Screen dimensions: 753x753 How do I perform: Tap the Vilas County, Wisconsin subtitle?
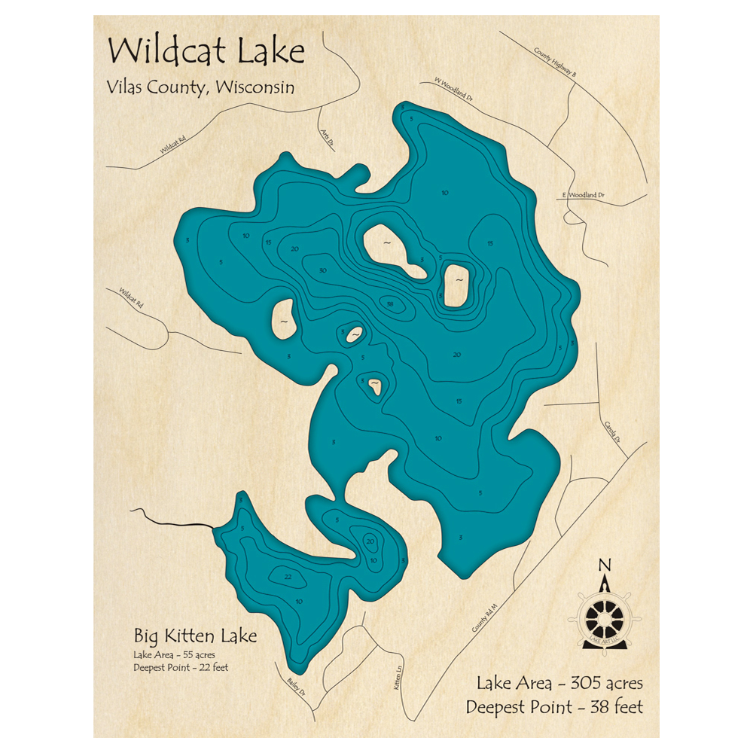pyautogui.click(x=200, y=87)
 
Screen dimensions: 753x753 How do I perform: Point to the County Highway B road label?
pyautogui.click(x=555, y=63)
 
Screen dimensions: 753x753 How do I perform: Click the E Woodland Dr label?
pyautogui.click(x=584, y=195)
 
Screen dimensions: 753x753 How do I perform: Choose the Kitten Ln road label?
pyautogui.click(x=398, y=681)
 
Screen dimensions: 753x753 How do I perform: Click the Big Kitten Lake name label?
pyautogui.click(x=194, y=636)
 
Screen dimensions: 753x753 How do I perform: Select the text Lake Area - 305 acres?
pyautogui.click(x=559, y=684)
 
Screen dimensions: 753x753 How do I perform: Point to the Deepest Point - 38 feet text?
pyautogui.click(x=553, y=707)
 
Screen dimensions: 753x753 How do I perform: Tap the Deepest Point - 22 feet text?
pyautogui.click(x=181, y=667)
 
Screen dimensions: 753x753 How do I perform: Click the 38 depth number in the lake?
pyautogui.click(x=389, y=304)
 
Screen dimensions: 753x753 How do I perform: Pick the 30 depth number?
pyautogui.click(x=323, y=270)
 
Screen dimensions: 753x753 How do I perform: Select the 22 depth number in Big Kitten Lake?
pyautogui.click(x=288, y=578)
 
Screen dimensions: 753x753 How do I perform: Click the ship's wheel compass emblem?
pyautogui.click(x=605, y=618)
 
